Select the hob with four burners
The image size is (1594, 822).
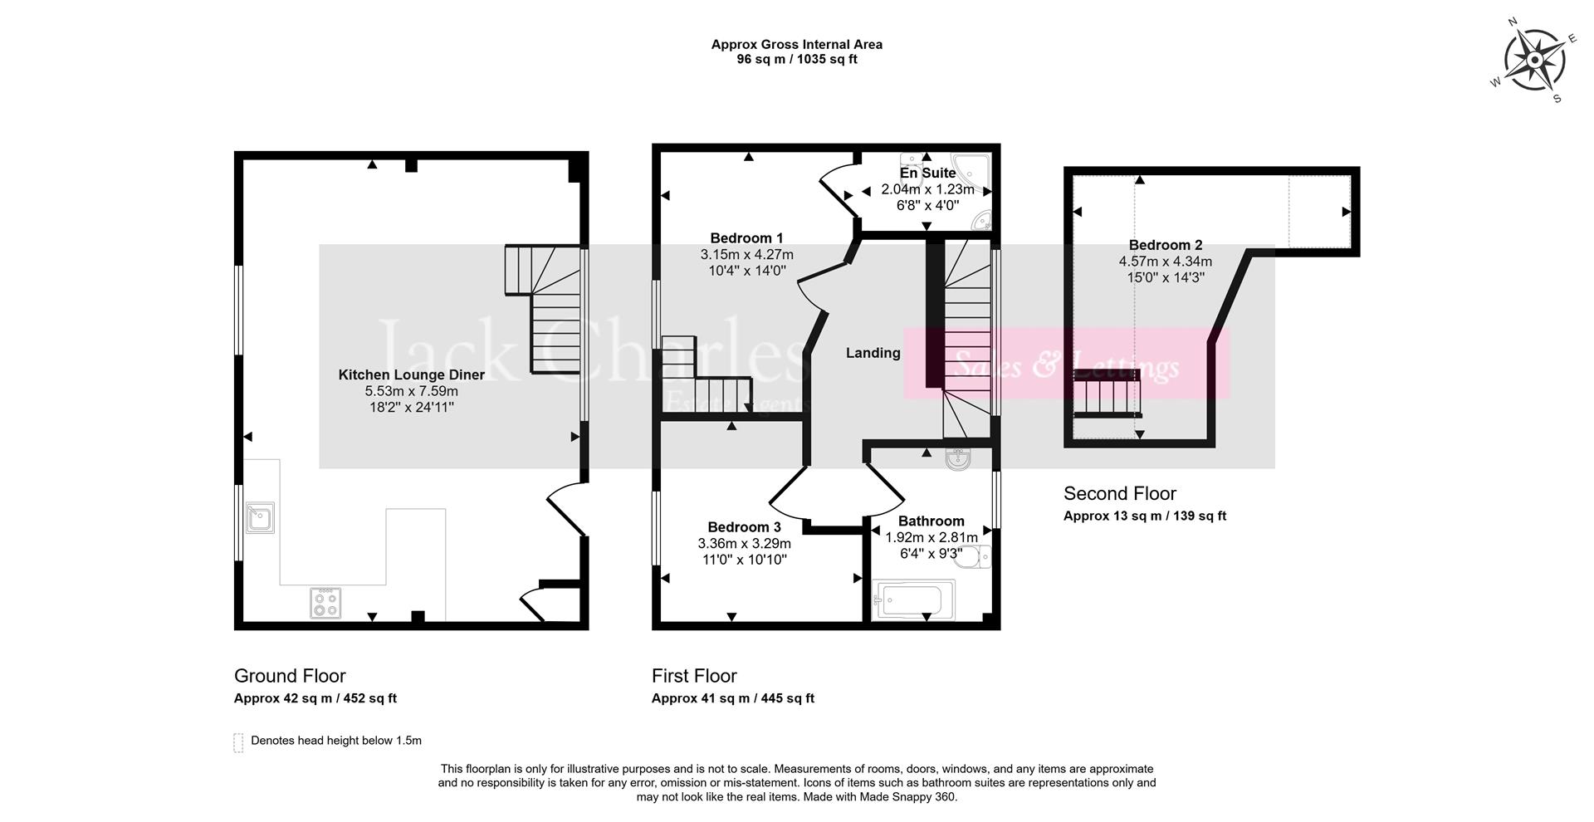tap(325, 603)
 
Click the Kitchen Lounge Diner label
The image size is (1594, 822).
tap(411, 375)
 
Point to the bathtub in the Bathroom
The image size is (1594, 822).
tap(912, 599)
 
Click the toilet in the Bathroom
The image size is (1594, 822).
tap(972, 557)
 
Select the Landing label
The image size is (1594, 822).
tap(873, 353)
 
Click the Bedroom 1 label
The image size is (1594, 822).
tap(746, 238)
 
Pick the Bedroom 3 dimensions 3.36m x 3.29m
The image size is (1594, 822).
tap(744, 544)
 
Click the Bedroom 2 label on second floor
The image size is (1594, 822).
tap(1165, 245)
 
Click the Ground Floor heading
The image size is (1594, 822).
tap(290, 676)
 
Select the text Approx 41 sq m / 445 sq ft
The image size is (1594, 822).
tap(732, 698)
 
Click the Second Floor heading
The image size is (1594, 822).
tap(1119, 493)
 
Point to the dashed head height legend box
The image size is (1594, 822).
tap(239, 741)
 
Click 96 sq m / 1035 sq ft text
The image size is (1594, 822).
tap(796, 60)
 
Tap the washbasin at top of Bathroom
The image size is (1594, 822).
tap(957, 459)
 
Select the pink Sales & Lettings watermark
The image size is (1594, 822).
tap(1067, 365)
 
